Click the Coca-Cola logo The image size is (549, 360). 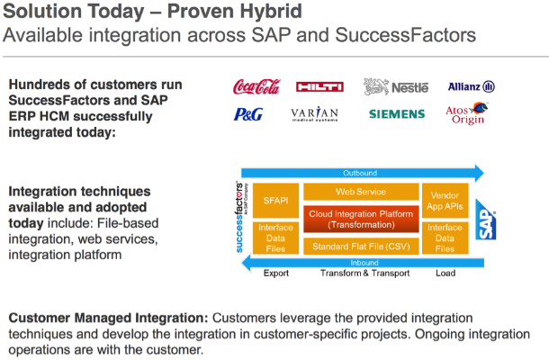(x=257, y=87)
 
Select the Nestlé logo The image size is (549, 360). (x=395, y=86)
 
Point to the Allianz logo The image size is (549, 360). (x=471, y=87)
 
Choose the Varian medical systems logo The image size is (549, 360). (x=315, y=114)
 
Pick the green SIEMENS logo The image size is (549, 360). (x=397, y=114)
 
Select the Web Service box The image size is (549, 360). (x=360, y=192)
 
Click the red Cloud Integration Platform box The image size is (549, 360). (x=360, y=218)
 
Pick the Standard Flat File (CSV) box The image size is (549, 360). (x=360, y=245)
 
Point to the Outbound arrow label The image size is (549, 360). (x=360, y=173)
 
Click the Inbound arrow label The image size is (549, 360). (x=360, y=263)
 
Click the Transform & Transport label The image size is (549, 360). (x=360, y=274)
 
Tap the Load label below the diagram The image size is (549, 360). (x=445, y=274)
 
